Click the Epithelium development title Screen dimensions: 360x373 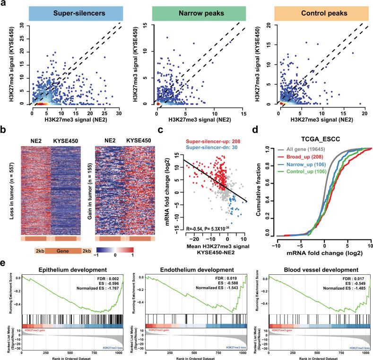tap(70, 258)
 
